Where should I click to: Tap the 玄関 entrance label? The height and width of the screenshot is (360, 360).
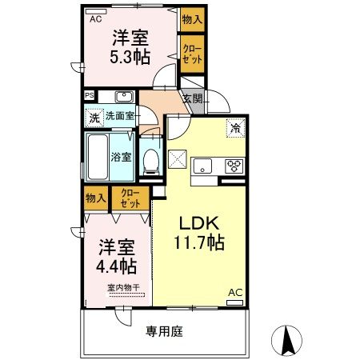coord(192,99)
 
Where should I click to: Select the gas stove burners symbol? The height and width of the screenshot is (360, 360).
coord(235,166)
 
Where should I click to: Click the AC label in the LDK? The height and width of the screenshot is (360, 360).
coord(236,293)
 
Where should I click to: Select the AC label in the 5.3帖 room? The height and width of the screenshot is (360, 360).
coord(95,18)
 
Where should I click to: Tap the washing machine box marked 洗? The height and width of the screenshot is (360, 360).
coord(95,117)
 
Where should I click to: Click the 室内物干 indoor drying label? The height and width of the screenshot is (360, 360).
coord(123,288)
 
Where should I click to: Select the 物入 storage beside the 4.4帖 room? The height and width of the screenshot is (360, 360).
coord(95,197)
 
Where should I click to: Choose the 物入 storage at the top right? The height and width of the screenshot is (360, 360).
coord(191,19)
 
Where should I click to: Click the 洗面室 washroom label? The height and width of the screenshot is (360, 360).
coord(121,117)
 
